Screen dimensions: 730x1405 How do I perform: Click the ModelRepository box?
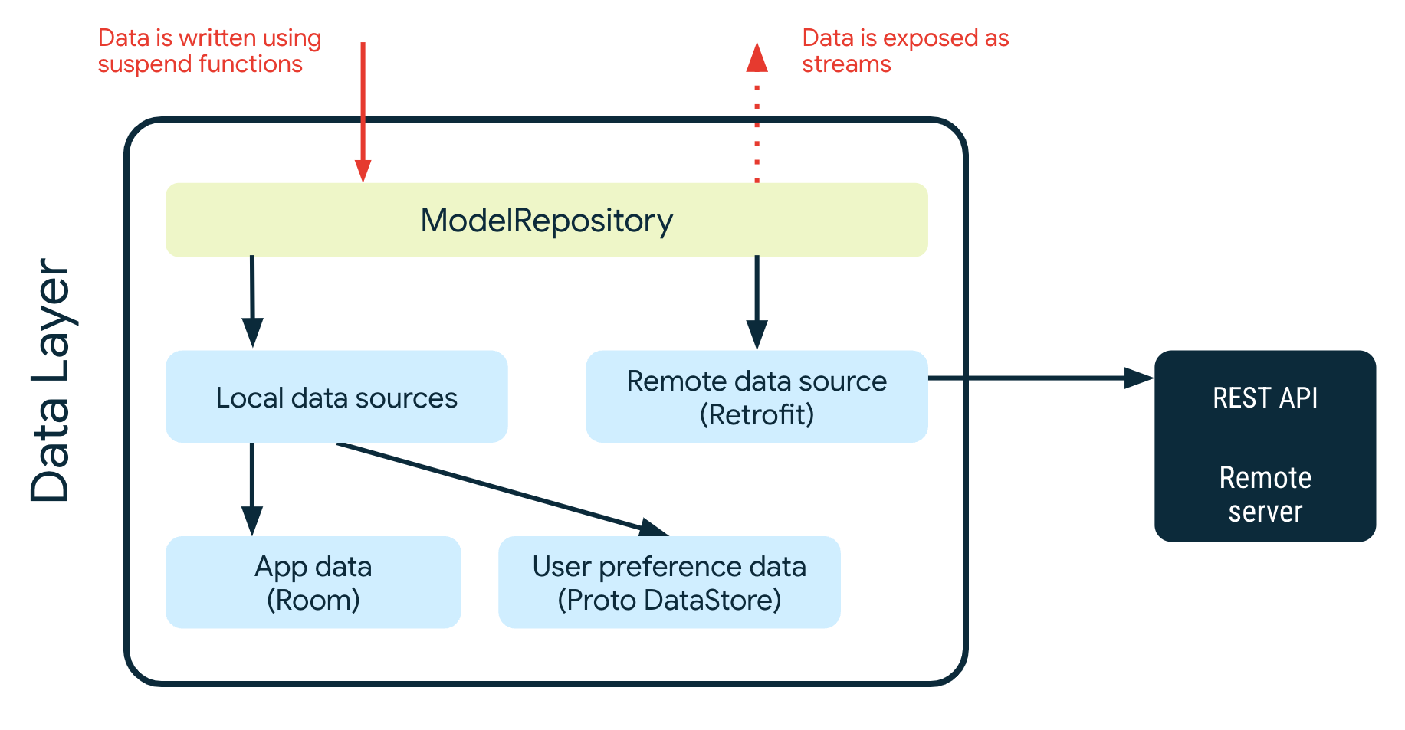pos(546,220)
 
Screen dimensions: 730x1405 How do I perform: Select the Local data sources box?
pos(336,397)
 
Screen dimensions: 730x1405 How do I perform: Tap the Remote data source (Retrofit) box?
pos(757,397)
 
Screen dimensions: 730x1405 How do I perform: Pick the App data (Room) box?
pos(313,582)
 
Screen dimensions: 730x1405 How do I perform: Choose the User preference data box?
pos(669,582)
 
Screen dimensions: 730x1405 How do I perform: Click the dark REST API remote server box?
pos(1265,446)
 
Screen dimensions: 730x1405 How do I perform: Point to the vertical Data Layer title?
pos(51,381)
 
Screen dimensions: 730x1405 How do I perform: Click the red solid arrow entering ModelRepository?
pos(363,107)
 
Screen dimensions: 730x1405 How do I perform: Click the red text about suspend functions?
pos(209,51)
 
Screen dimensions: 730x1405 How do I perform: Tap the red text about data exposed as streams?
pos(904,51)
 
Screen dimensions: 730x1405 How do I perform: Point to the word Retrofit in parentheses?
pos(757,415)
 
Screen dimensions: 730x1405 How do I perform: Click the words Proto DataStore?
pos(669,600)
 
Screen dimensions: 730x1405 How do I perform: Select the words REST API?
pos(1265,398)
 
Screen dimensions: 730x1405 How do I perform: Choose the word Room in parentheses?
pos(313,600)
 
